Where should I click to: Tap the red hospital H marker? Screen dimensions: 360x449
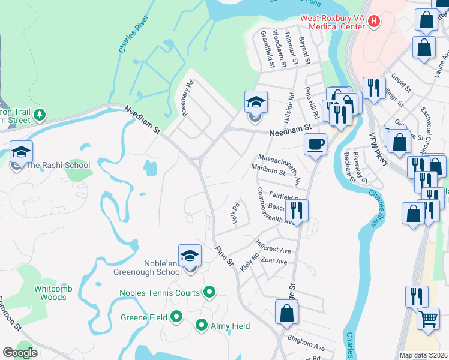[x=375, y=22]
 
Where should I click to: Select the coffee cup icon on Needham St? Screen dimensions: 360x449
[x=315, y=145]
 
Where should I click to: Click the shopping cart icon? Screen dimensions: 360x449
[x=428, y=319]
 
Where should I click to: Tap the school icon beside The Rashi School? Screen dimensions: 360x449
[x=21, y=152]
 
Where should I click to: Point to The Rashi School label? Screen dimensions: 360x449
[x=58, y=166]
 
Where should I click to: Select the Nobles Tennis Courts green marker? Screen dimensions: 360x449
[x=209, y=293]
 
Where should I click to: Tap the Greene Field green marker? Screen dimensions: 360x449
[x=176, y=316]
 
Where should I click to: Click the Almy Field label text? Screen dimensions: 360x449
[x=230, y=326]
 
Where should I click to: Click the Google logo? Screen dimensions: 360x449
[x=20, y=353]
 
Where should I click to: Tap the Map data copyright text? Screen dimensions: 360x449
[x=415, y=355]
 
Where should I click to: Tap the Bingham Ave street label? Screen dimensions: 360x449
[x=306, y=343]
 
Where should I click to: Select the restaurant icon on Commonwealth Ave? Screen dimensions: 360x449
[x=297, y=211]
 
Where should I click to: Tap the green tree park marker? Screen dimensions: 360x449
[x=40, y=114]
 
